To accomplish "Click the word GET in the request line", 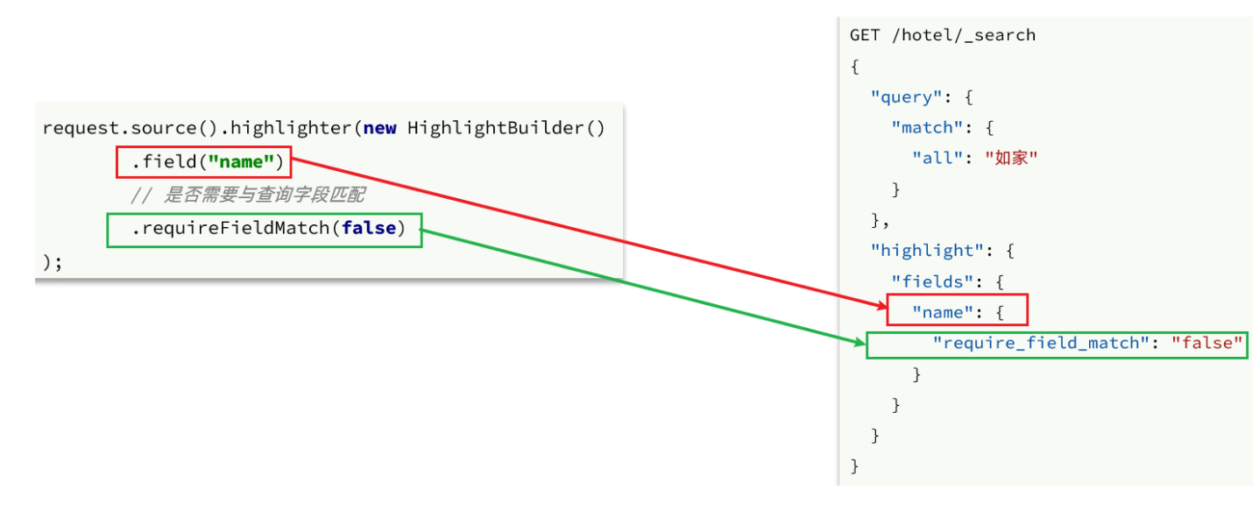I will pos(865,35).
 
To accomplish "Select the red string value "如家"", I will pos(1011,158).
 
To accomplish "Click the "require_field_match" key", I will pos(1040,343).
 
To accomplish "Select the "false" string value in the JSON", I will pos(1208,343).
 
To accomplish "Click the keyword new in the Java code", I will pos(379,128).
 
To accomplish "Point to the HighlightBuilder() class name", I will pos(506,128).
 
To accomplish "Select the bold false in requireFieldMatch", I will pos(368,229).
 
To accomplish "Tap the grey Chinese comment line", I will pos(248,196).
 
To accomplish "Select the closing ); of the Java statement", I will pos(52,262).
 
